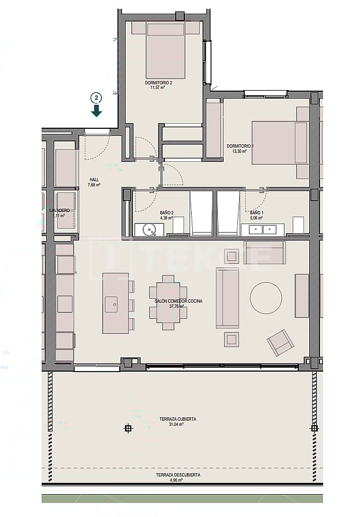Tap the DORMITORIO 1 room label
coord(240,146)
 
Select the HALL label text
coord(94,180)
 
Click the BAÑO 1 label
coord(256,212)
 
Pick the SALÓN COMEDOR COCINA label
coord(179,300)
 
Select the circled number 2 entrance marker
coord(97,97)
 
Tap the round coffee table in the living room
coord(266,297)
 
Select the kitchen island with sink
coord(115,303)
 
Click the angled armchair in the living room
coord(280,343)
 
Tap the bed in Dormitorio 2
coord(165,50)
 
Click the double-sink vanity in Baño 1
coord(263,230)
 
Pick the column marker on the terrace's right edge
coord(314,428)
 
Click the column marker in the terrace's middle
coord(128,428)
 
